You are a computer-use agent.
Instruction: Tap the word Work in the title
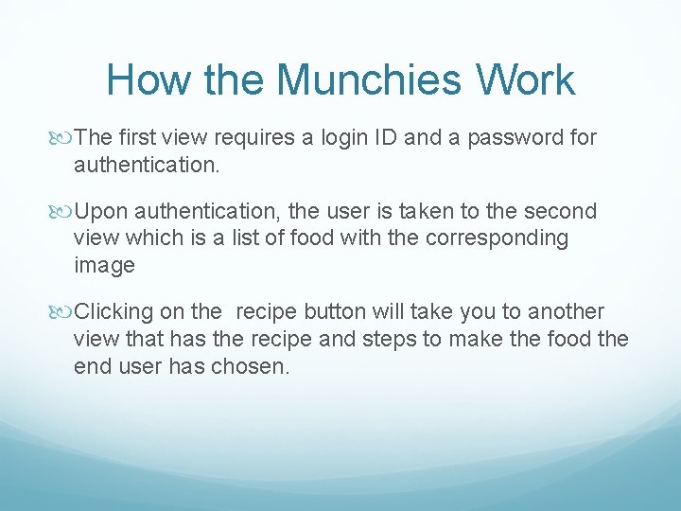click(527, 79)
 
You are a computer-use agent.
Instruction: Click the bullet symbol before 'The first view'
click(64, 138)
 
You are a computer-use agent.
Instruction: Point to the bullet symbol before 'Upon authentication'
click(64, 211)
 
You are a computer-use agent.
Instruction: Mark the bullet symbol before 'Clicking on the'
click(64, 312)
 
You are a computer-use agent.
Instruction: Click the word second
click(562, 211)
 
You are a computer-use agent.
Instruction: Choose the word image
click(104, 266)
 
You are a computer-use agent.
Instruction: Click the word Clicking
click(113, 312)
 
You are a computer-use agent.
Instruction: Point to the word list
click(249, 238)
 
